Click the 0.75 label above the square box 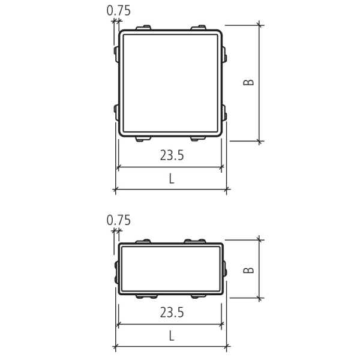[x=118, y=11]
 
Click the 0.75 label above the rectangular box [x=118, y=220]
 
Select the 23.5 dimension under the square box [x=172, y=155]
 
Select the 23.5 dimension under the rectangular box [x=172, y=313]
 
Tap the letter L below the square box [x=172, y=179]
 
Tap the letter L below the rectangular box [x=172, y=336]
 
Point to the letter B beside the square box [x=248, y=82]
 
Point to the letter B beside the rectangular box [x=248, y=270]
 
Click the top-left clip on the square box [x=143, y=28]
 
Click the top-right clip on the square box [x=199, y=28]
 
